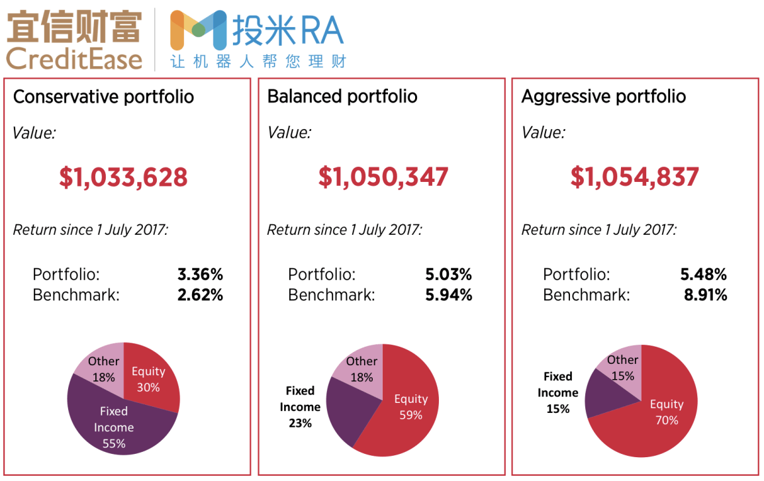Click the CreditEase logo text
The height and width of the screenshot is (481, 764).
(74, 58)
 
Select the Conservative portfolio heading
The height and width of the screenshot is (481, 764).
(103, 97)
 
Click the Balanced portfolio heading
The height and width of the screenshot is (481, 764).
(342, 97)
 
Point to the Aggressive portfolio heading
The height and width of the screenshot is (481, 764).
(603, 97)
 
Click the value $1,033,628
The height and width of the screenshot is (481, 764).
(123, 177)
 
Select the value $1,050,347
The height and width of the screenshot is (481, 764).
(383, 177)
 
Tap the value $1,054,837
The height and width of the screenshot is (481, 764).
(635, 177)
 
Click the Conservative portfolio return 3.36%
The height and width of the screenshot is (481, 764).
(200, 275)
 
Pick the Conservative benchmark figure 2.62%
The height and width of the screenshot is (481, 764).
(200, 295)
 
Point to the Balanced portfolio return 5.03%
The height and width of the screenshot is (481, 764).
(448, 275)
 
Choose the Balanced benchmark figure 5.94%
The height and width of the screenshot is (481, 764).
(448, 295)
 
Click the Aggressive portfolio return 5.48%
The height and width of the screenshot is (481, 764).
(703, 275)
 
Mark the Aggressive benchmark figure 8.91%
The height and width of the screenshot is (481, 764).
(705, 295)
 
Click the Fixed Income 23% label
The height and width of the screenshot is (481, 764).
(300, 407)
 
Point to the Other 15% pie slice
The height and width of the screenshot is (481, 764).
(623, 368)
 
